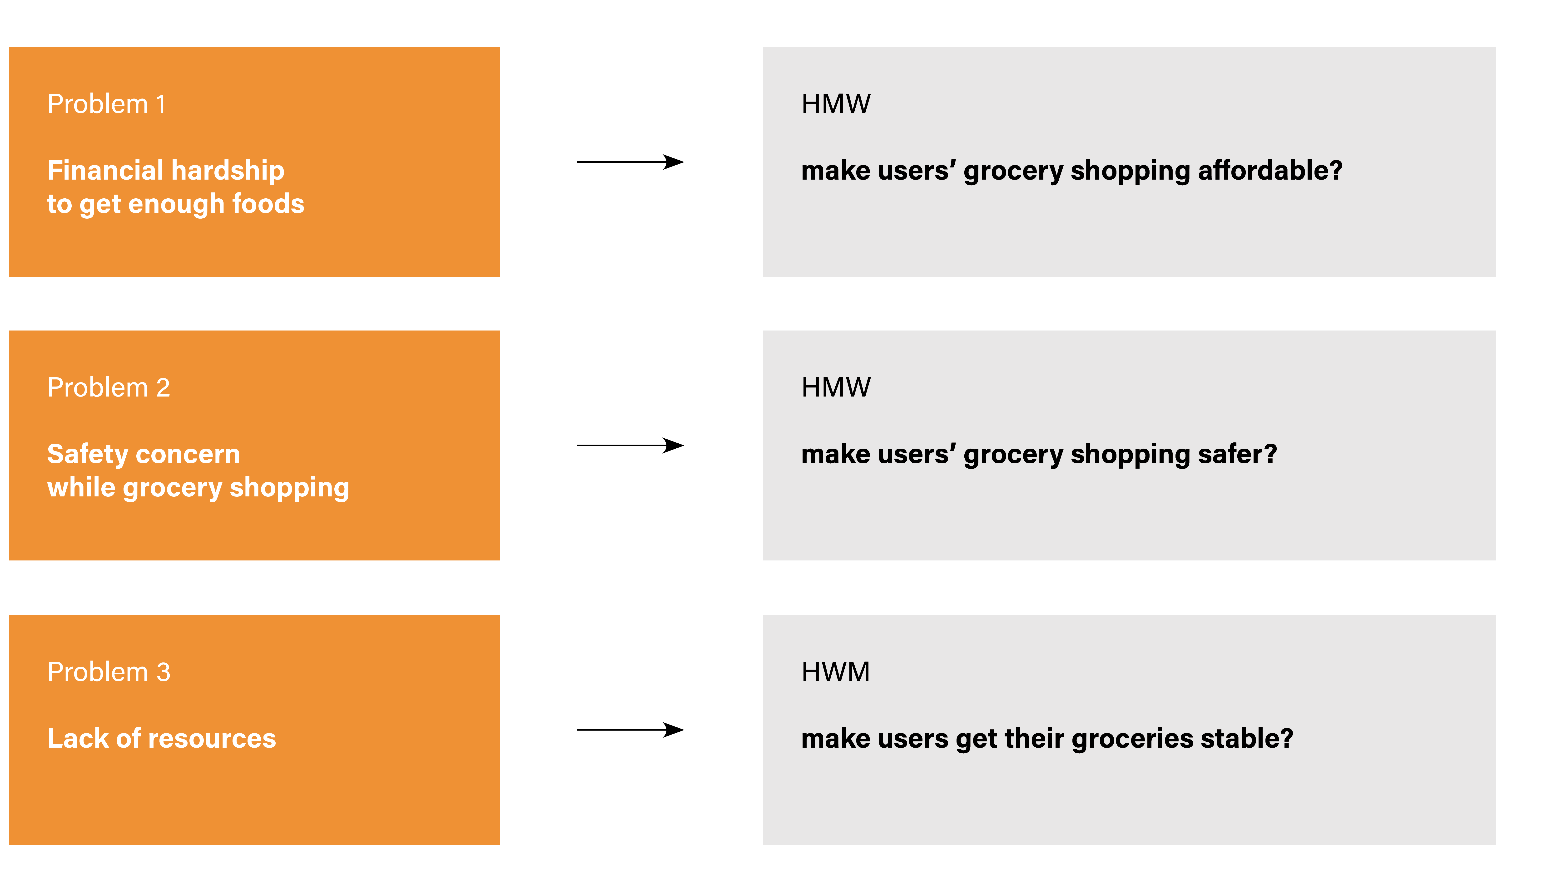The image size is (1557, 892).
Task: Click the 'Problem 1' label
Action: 107,104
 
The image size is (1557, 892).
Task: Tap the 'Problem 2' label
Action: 109,388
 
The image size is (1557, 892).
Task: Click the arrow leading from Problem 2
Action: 630,445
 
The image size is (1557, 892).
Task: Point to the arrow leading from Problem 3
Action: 630,730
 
